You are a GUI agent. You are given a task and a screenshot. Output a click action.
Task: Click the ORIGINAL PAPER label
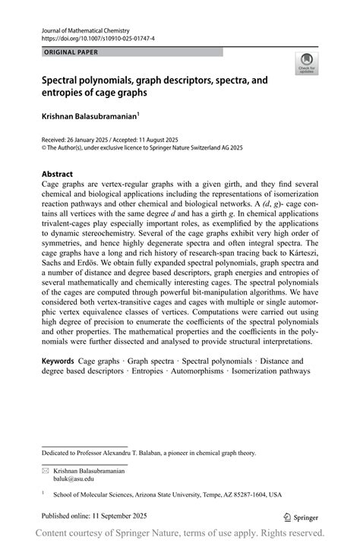[x=71, y=52]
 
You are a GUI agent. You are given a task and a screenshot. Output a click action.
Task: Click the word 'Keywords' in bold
[x=62, y=361]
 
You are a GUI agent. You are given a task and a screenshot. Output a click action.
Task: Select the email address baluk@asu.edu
[x=74, y=480]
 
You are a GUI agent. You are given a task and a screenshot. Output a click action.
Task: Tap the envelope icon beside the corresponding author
[x=46, y=471]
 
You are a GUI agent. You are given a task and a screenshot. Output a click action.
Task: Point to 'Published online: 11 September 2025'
[x=95, y=516]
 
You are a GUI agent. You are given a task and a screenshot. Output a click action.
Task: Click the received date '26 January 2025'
[x=101, y=139]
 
